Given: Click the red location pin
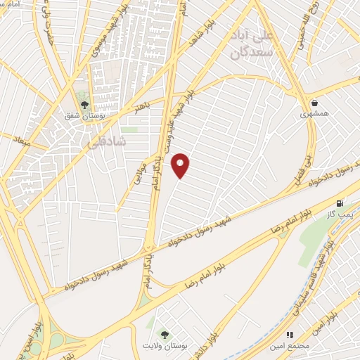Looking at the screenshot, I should (181, 165).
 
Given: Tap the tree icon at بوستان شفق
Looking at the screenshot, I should (84, 105).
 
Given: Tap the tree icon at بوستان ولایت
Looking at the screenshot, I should (165, 335).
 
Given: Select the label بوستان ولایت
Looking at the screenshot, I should (165, 347).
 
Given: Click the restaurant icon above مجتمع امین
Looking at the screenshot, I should (288, 335).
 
